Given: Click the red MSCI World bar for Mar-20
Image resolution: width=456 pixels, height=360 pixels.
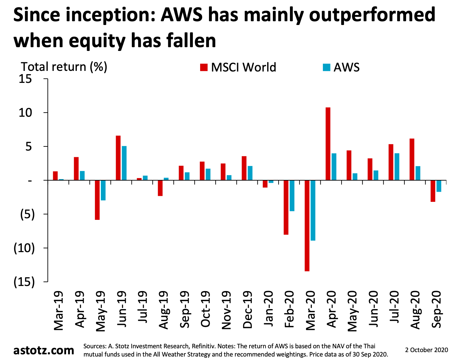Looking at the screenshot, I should [x=307, y=226].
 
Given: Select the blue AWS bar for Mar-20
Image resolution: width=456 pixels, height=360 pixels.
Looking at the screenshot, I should [x=313, y=210].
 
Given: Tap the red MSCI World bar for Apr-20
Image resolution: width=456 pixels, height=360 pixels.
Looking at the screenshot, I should [x=328, y=144].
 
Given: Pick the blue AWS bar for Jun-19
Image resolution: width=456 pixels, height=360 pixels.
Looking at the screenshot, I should [x=124, y=163].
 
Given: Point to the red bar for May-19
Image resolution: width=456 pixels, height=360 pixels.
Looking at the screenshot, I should [x=97, y=200].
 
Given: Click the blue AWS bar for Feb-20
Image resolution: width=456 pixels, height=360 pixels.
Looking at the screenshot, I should [x=292, y=196].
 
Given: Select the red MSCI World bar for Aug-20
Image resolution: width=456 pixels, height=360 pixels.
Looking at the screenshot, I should [x=412, y=159].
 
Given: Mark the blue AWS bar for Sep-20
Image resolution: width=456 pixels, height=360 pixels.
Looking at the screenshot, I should [x=439, y=186].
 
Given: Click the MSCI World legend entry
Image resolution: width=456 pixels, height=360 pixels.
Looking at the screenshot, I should [x=238, y=67].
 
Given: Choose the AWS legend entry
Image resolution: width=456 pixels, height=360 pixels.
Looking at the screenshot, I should [x=341, y=67].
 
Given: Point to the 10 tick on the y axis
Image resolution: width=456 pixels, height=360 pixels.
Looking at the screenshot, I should [x=25, y=113].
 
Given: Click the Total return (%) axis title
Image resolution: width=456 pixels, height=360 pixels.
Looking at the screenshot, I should [x=64, y=67].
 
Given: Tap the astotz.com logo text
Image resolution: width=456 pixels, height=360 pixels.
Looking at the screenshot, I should [x=44, y=350].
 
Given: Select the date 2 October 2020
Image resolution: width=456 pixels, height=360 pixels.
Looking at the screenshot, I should [x=427, y=350].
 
